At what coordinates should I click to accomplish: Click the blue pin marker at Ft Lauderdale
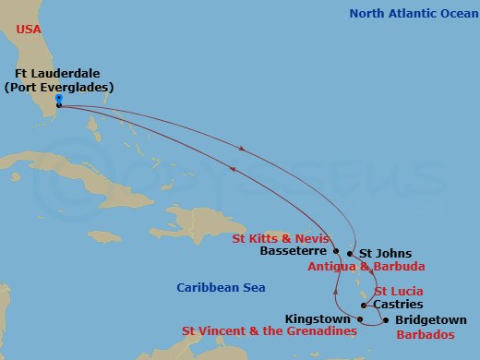[58, 98]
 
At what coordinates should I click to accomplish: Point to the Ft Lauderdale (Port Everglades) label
[64, 80]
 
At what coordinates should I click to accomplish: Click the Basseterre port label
[294, 250]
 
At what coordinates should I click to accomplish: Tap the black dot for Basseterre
[337, 250]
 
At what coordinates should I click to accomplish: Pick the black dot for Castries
[366, 305]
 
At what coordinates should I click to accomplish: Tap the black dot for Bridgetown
[386, 320]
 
